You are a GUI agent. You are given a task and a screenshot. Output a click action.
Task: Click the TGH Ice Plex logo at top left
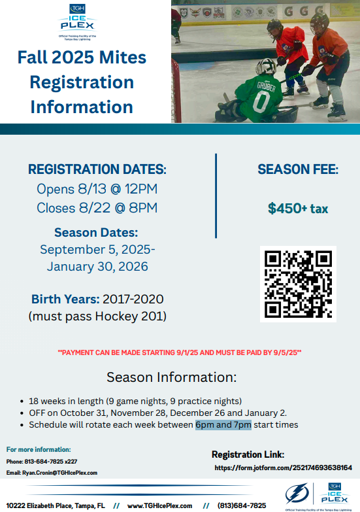(x=77, y=22)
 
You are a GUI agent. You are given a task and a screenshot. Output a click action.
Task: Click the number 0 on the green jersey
(x=261, y=101)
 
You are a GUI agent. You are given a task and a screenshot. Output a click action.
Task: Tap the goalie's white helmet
(x=266, y=66)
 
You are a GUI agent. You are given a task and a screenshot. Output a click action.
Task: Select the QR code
(x=298, y=284)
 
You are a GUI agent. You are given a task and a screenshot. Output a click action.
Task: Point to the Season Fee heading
(x=298, y=169)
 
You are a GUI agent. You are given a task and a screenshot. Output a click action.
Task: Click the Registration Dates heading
(x=97, y=169)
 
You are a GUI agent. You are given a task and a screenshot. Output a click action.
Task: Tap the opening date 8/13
(x=92, y=189)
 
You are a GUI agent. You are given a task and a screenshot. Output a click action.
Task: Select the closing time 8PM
(x=143, y=208)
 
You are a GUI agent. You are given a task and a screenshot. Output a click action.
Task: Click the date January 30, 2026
(x=97, y=266)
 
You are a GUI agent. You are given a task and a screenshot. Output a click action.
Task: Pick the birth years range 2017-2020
(x=133, y=299)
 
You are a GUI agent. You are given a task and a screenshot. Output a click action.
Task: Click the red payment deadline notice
(x=180, y=352)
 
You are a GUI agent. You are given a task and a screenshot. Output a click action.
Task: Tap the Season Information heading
(x=171, y=377)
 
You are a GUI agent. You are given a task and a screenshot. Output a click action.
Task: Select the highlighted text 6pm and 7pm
(x=223, y=425)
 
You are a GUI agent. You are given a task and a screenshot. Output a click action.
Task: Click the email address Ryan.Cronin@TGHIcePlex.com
(x=59, y=473)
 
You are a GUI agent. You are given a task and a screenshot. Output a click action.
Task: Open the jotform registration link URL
(x=284, y=468)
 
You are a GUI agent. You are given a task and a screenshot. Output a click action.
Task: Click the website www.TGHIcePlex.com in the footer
(x=159, y=506)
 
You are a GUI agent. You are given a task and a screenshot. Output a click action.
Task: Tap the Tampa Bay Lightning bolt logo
(x=297, y=493)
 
